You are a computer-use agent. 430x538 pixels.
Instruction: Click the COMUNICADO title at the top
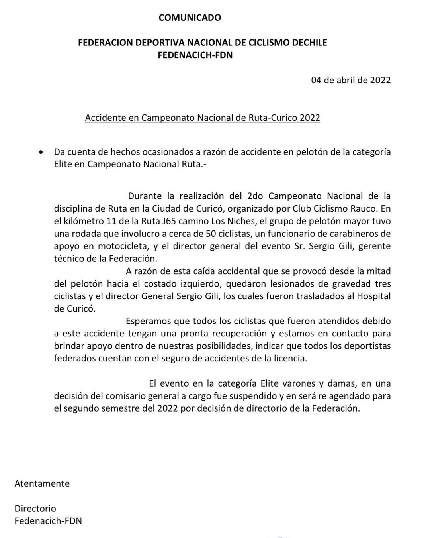point(190,18)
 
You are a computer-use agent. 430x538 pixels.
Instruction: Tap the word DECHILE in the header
point(308,43)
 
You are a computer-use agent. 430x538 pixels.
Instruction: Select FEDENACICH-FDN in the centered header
point(195,55)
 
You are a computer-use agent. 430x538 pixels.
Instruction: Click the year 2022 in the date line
point(380,80)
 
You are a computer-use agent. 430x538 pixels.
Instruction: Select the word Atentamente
point(42,483)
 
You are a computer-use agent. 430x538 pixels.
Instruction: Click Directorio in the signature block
point(35,509)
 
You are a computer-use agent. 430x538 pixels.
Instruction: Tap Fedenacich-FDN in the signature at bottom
point(48,521)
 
